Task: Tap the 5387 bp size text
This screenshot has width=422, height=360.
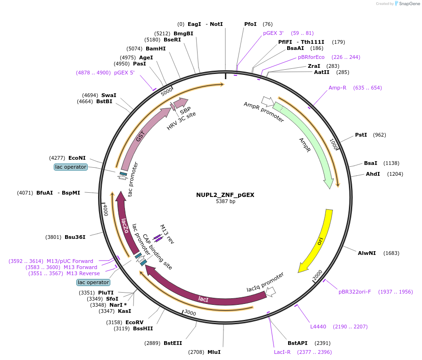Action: point(225,201)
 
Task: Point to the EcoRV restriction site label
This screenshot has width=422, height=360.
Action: point(134,322)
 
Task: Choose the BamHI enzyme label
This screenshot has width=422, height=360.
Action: point(156,49)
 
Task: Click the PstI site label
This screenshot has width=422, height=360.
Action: point(361,135)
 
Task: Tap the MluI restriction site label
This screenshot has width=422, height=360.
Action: point(214,352)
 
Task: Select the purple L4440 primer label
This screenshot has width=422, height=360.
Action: point(318,327)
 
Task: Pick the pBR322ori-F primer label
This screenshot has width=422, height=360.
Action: point(355,292)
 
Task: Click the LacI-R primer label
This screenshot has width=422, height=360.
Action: point(282,352)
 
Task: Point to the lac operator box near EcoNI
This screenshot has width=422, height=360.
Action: point(71,167)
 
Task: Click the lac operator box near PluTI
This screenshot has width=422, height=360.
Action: point(93,282)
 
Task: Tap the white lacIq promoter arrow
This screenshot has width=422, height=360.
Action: point(271,292)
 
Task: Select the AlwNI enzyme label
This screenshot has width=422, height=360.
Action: point(367,253)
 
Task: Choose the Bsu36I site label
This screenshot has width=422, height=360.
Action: point(75,237)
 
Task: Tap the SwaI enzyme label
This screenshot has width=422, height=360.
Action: point(108,95)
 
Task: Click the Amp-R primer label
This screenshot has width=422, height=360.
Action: point(338,88)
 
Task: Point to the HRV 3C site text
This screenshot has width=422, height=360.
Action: point(181,121)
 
